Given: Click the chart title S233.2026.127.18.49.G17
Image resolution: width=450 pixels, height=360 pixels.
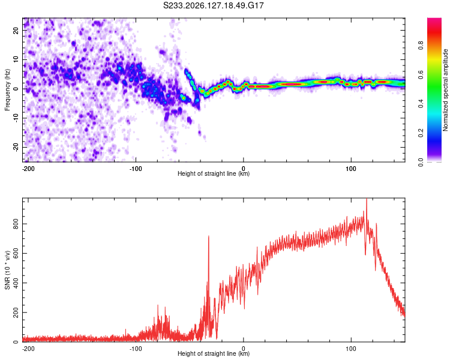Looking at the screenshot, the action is click(213, 5).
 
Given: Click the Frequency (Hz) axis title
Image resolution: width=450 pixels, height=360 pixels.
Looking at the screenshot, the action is click(7, 90).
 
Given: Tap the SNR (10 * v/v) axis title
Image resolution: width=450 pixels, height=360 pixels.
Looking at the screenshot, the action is click(7, 270).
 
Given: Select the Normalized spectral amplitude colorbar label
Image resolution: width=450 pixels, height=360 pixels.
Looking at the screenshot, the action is click(445, 90).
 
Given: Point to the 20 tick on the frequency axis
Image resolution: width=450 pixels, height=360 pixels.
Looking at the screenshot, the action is click(16, 30).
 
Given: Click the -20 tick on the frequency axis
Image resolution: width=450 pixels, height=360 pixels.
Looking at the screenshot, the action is click(16, 147).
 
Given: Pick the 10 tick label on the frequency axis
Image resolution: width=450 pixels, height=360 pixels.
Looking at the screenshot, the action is click(16, 59).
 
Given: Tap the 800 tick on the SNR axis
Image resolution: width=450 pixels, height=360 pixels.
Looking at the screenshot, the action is click(16, 224).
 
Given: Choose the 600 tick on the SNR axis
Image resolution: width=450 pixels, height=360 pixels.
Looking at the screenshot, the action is click(16, 253).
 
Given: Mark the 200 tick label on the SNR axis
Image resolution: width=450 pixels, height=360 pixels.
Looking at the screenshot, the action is click(16, 313).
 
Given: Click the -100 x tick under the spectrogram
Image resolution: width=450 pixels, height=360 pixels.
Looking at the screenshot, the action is click(136, 169).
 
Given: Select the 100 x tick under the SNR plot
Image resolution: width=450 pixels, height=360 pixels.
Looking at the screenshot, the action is click(351, 349).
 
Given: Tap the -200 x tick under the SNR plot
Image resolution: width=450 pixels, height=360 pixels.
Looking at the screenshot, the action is click(28, 349).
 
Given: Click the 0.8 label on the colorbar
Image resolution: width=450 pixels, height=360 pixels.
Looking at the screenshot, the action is click(421, 46).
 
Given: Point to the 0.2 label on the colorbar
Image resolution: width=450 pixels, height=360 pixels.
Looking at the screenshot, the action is click(421, 133).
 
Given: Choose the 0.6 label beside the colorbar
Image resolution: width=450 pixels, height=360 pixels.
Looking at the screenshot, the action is click(421, 74).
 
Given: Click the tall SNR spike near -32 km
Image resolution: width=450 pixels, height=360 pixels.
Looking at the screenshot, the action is click(209, 236).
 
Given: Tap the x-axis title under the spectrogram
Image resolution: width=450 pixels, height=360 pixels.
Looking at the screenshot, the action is click(214, 173).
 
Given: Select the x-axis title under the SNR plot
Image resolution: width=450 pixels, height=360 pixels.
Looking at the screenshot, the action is click(214, 353).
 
